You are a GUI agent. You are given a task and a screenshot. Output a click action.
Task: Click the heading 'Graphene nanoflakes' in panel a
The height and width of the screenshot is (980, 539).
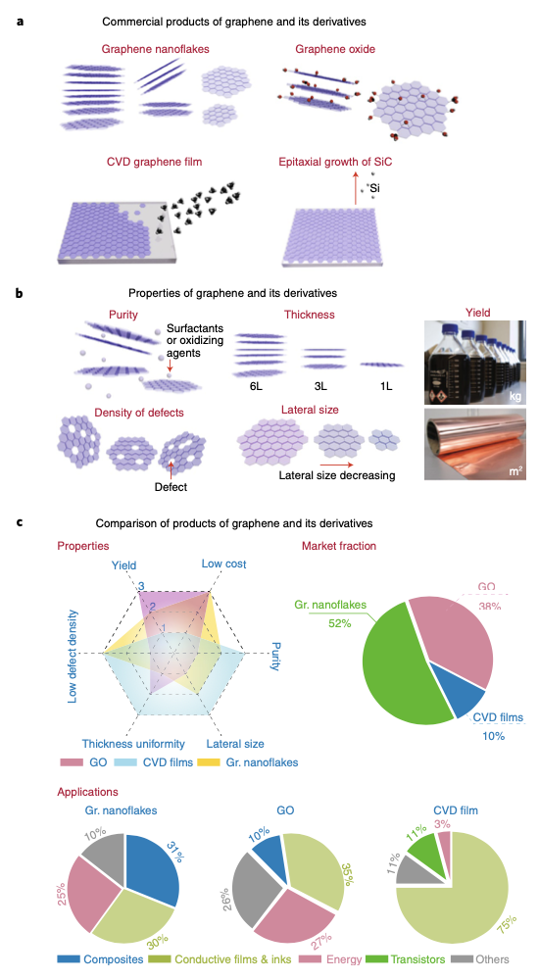pos(155,49)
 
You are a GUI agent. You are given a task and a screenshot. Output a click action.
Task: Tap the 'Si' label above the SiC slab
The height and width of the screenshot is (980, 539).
pos(374,187)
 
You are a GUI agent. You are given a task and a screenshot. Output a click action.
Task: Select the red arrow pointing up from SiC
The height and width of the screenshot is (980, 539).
pos(357,189)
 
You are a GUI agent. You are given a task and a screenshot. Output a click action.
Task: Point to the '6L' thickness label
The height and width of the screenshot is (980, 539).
pos(256,386)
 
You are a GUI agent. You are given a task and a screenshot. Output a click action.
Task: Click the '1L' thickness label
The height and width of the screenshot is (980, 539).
pos(386,386)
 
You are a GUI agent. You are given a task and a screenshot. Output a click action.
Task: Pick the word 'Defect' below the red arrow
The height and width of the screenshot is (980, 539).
pos(171,487)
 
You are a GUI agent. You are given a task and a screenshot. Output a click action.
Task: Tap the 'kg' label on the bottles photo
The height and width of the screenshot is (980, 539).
pos(514,396)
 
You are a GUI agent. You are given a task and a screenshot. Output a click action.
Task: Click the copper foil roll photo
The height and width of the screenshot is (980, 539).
pos(475,444)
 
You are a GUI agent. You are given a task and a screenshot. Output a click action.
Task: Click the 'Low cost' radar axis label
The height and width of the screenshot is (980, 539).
pos(223,563)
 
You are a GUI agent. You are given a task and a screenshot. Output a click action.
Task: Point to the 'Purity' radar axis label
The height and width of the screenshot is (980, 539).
pos(275,657)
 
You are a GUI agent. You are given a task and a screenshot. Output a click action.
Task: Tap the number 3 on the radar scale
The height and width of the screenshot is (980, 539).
pos(141,586)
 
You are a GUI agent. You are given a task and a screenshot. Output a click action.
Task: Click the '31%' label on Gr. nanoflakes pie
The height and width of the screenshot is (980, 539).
pos(174,852)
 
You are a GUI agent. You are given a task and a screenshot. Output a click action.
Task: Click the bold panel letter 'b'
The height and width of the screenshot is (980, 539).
pos(20,292)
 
